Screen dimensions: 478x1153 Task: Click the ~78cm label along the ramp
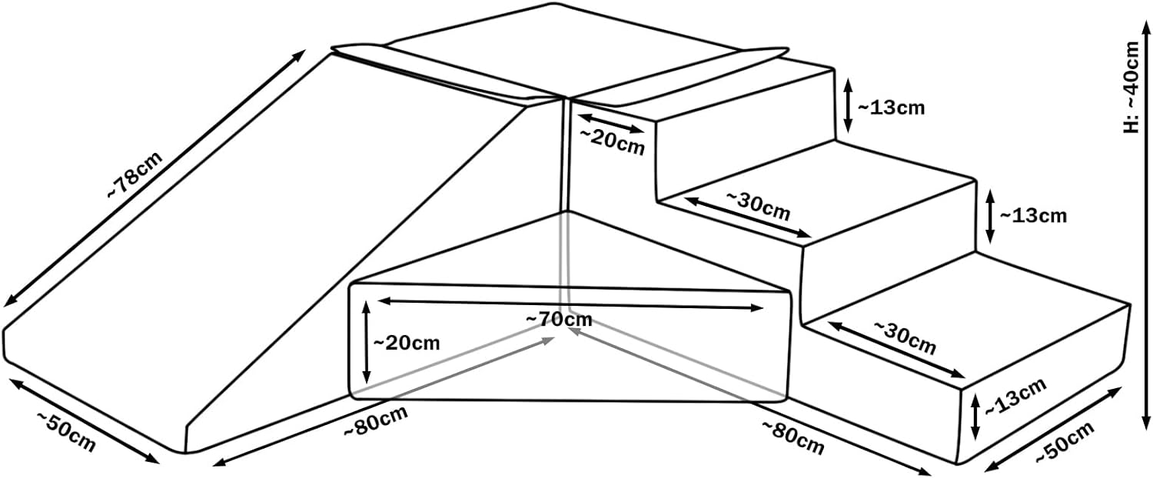click(x=135, y=177)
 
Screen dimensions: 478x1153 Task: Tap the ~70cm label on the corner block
click(x=559, y=318)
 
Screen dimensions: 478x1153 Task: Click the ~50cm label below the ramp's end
click(x=66, y=433)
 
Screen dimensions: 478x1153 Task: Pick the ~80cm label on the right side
click(x=792, y=436)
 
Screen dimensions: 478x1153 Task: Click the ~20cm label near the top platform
click(x=612, y=141)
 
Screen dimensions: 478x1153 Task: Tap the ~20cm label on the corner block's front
click(x=406, y=342)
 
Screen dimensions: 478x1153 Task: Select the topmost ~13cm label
click(x=889, y=108)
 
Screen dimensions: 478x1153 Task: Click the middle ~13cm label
click(x=1032, y=216)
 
